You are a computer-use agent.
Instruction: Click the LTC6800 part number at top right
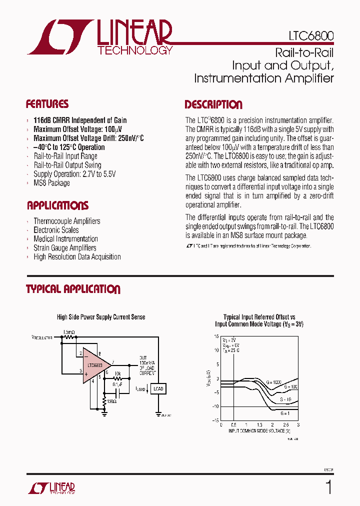click(x=311, y=36)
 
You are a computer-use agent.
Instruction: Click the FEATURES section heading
click(x=47, y=104)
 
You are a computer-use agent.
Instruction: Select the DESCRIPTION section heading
click(x=213, y=105)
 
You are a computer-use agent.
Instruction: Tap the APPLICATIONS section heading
click(x=57, y=205)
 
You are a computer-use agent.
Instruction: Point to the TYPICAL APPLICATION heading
click(x=73, y=289)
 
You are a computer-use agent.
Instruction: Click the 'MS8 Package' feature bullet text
click(x=51, y=183)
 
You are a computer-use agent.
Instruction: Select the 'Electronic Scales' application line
click(x=56, y=230)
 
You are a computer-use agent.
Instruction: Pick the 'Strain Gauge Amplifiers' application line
click(x=65, y=248)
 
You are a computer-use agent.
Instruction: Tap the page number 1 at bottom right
click(x=328, y=487)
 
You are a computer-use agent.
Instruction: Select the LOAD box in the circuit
click(x=158, y=388)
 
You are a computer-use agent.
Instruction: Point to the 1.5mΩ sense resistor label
click(x=69, y=332)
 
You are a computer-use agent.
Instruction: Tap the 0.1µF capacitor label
click(x=116, y=384)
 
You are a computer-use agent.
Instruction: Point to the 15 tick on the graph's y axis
click(x=216, y=336)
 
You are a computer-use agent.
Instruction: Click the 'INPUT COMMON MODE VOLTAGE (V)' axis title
click(x=258, y=430)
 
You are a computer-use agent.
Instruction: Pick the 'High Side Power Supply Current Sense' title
click(x=101, y=317)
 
